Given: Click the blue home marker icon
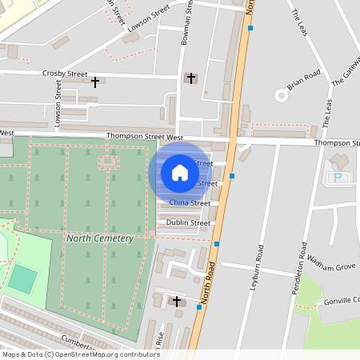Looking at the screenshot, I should pos(180,173).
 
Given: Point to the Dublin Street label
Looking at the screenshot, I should pos(190,223).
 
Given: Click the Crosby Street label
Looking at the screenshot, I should pos(65,74).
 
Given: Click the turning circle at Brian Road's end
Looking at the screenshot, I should pos(281,95).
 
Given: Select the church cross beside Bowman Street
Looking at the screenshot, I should pos(190,78).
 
